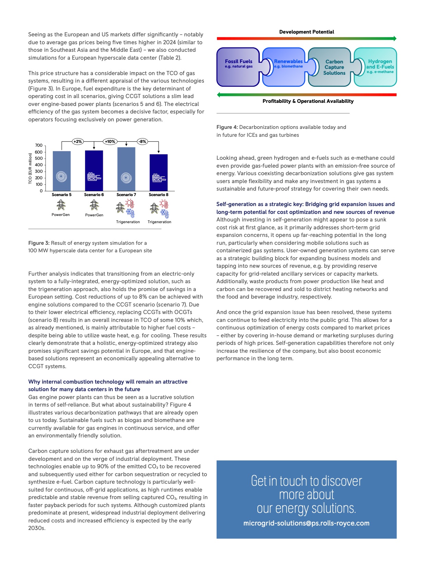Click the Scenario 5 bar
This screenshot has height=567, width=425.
[62, 171]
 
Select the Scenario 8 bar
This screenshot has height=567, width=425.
[159, 172]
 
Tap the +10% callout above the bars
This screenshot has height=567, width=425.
[110, 141]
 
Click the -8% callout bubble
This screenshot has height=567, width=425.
[142, 141]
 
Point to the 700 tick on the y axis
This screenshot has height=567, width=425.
[39, 146]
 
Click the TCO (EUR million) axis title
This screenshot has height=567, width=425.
[30, 168]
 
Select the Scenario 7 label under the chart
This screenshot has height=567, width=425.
[126, 195]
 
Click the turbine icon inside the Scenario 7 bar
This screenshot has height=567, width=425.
[126, 178]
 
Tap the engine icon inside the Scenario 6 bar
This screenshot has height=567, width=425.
[94, 177]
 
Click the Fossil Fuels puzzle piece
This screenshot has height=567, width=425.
[238, 67]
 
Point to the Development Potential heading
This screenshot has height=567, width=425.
[306, 32]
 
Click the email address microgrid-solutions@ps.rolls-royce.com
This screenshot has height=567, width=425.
[306, 523]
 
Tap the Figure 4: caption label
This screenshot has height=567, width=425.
[227, 127]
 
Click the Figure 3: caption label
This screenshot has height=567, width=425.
[39, 243]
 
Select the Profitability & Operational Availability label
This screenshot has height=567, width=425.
[308, 101]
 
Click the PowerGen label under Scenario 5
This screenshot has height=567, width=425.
[61, 215]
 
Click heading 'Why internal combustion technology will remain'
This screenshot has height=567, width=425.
[108, 382]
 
